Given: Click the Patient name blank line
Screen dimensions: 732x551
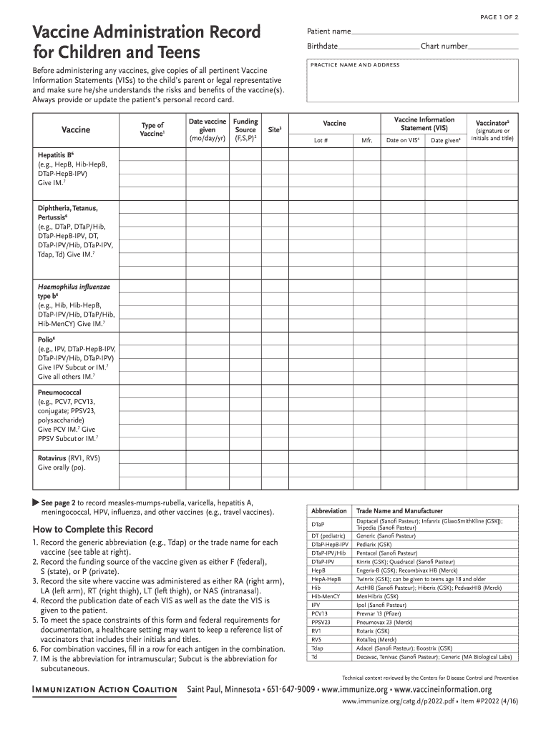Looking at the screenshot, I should tap(435, 32).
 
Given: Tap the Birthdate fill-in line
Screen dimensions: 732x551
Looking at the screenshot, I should tap(379, 47).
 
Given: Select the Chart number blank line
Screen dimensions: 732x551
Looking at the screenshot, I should tap(493, 47).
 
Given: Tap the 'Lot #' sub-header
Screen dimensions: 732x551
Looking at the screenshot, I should tap(321, 141).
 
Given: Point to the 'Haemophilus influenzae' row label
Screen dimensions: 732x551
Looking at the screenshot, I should tap(74, 286).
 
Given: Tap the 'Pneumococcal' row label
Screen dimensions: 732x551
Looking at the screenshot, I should tap(59, 392).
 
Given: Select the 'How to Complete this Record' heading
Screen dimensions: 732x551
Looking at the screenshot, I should tap(93, 530).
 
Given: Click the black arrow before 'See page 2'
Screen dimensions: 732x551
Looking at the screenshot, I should tap(35, 502).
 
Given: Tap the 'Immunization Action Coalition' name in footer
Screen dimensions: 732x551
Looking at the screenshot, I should tap(104, 690).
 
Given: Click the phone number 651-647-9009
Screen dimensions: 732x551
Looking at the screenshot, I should tap(291, 690).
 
